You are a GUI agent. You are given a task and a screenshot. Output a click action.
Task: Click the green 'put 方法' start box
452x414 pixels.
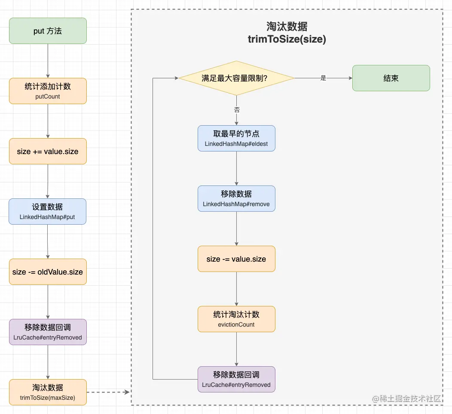click(48, 31)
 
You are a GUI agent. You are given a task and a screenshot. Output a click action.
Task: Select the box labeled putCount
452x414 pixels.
click(48, 91)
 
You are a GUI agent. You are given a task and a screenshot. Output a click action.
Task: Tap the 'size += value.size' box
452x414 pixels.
click(48, 151)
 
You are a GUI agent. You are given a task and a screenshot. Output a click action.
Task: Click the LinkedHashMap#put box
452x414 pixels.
click(47, 211)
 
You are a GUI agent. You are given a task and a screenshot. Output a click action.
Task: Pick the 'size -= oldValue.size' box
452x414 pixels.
click(48, 272)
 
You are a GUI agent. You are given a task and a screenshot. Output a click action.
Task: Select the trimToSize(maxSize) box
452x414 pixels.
click(48, 392)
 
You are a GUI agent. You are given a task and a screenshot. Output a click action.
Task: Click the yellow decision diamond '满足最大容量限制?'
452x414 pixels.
click(236, 78)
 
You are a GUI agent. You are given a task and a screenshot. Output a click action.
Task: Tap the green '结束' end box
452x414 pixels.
click(391, 78)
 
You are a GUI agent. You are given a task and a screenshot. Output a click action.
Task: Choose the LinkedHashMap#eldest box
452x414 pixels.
click(236, 139)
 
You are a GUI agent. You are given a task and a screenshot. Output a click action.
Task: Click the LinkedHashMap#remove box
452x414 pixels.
click(236, 199)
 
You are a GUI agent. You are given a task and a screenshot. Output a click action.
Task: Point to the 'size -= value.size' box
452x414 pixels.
click(236, 259)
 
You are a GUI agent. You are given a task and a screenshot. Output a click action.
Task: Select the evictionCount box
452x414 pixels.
click(236, 319)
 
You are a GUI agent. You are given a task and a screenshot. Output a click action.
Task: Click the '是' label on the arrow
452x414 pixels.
click(324, 78)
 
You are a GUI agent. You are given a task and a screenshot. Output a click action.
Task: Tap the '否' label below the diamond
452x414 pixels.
click(237, 110)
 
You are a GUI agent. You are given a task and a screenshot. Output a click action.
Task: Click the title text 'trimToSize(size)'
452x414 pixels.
click(287, 40)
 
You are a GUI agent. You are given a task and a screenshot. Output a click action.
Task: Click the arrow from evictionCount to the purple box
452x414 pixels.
click(236, 349)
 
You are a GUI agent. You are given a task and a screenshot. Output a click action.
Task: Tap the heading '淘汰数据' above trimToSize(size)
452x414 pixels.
click(287, 27)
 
